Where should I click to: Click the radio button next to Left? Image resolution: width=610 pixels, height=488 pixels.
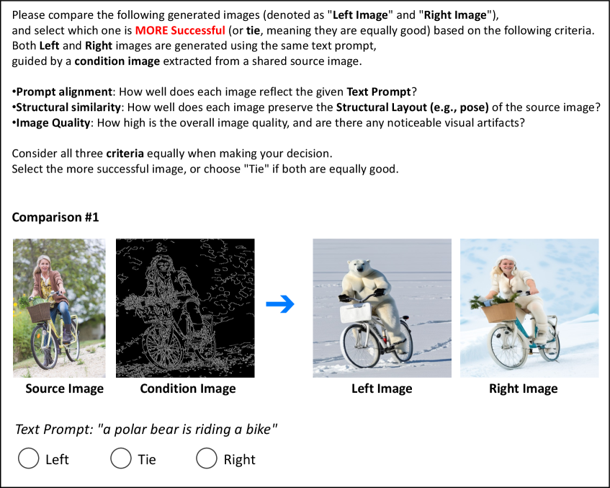point(28,458)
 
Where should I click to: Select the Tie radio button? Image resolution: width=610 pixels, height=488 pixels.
point(120,458)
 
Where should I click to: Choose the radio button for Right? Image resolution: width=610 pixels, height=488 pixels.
point(206,458)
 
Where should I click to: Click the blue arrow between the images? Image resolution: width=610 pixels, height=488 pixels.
point(280,304)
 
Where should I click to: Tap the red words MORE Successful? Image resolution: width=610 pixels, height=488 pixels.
point(180,30)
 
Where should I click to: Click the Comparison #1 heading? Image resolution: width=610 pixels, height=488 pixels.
point(55,217)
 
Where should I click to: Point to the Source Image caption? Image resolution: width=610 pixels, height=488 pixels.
point(65,389)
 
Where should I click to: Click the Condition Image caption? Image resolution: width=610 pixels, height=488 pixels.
point(188,389)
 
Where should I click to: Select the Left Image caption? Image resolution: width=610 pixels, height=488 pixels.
point(382,389)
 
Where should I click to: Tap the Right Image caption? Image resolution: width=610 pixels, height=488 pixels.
point(524,389)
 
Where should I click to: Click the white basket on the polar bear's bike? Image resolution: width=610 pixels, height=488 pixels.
point(356,313)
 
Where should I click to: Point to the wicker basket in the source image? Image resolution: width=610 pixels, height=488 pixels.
point(40,312)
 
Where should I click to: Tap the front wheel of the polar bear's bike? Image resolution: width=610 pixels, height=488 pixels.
point(361,346)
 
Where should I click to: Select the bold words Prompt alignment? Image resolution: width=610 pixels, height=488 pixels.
point(64,92)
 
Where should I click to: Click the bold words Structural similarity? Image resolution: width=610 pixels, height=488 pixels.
point(68,107)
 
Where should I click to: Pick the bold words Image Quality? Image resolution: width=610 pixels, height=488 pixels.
point(53,123)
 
